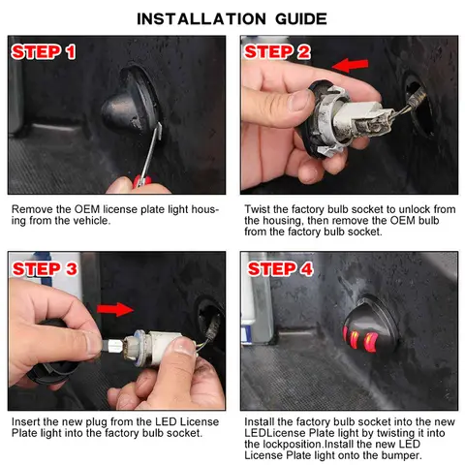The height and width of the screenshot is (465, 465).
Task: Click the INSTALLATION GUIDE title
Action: (x=232, y=17)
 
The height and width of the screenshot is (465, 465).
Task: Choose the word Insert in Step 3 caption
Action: (x=27, y=422)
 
